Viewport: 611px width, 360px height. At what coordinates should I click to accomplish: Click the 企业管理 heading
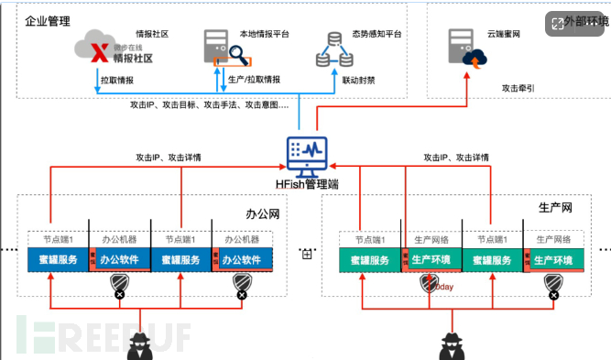pyautogui.click(x=49, y=19)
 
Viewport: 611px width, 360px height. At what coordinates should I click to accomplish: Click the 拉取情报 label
pyautogui.click(x=122, y=81)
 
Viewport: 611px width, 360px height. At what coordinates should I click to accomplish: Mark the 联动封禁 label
pyautogui.click(x=358, y=81)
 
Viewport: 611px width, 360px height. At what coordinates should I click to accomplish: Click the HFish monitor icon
pyautogui.click(x=305, y=153)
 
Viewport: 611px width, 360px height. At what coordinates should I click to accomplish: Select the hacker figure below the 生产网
pyautogui.click(x=454, y=344)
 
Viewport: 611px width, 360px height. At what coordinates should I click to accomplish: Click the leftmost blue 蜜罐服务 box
pyautogui.click(x=58, y=259)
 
